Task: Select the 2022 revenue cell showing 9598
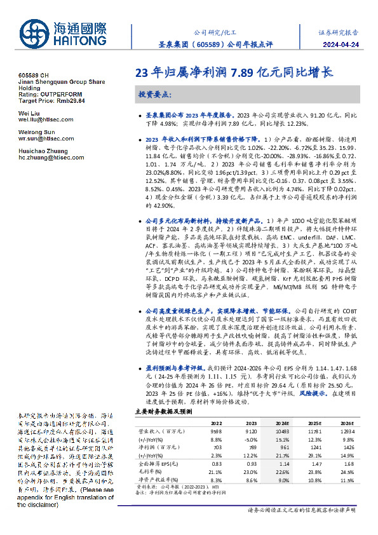coord(216,431)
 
